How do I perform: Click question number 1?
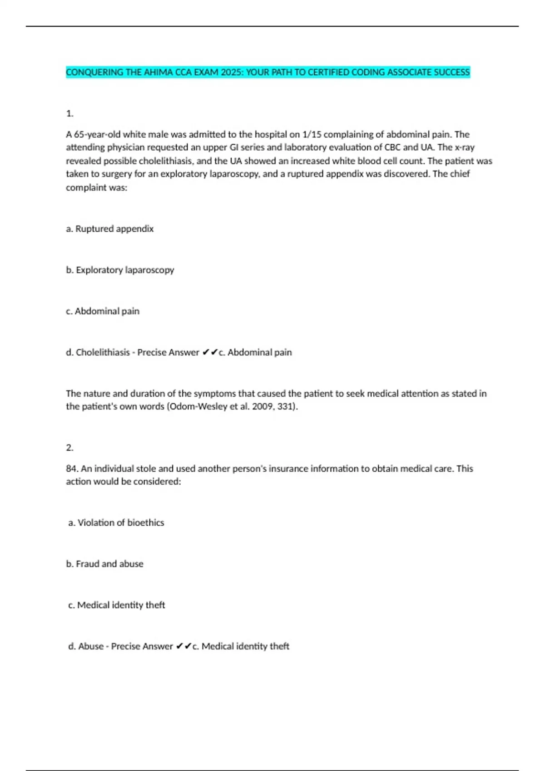(x=69, y=113)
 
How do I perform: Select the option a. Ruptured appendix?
(x=110, y=229)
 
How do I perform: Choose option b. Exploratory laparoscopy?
(x=120, y=270)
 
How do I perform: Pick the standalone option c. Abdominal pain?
(x=103, y=311)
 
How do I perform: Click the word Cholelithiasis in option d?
(x=103, y=352)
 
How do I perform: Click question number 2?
(x=69, y=448)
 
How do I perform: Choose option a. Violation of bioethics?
(x=116, y=522)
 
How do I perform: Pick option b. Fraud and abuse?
(x=105, y=564)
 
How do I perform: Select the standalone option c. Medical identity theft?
(x=117, y=605)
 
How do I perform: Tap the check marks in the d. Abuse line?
(x=183, y=646)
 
